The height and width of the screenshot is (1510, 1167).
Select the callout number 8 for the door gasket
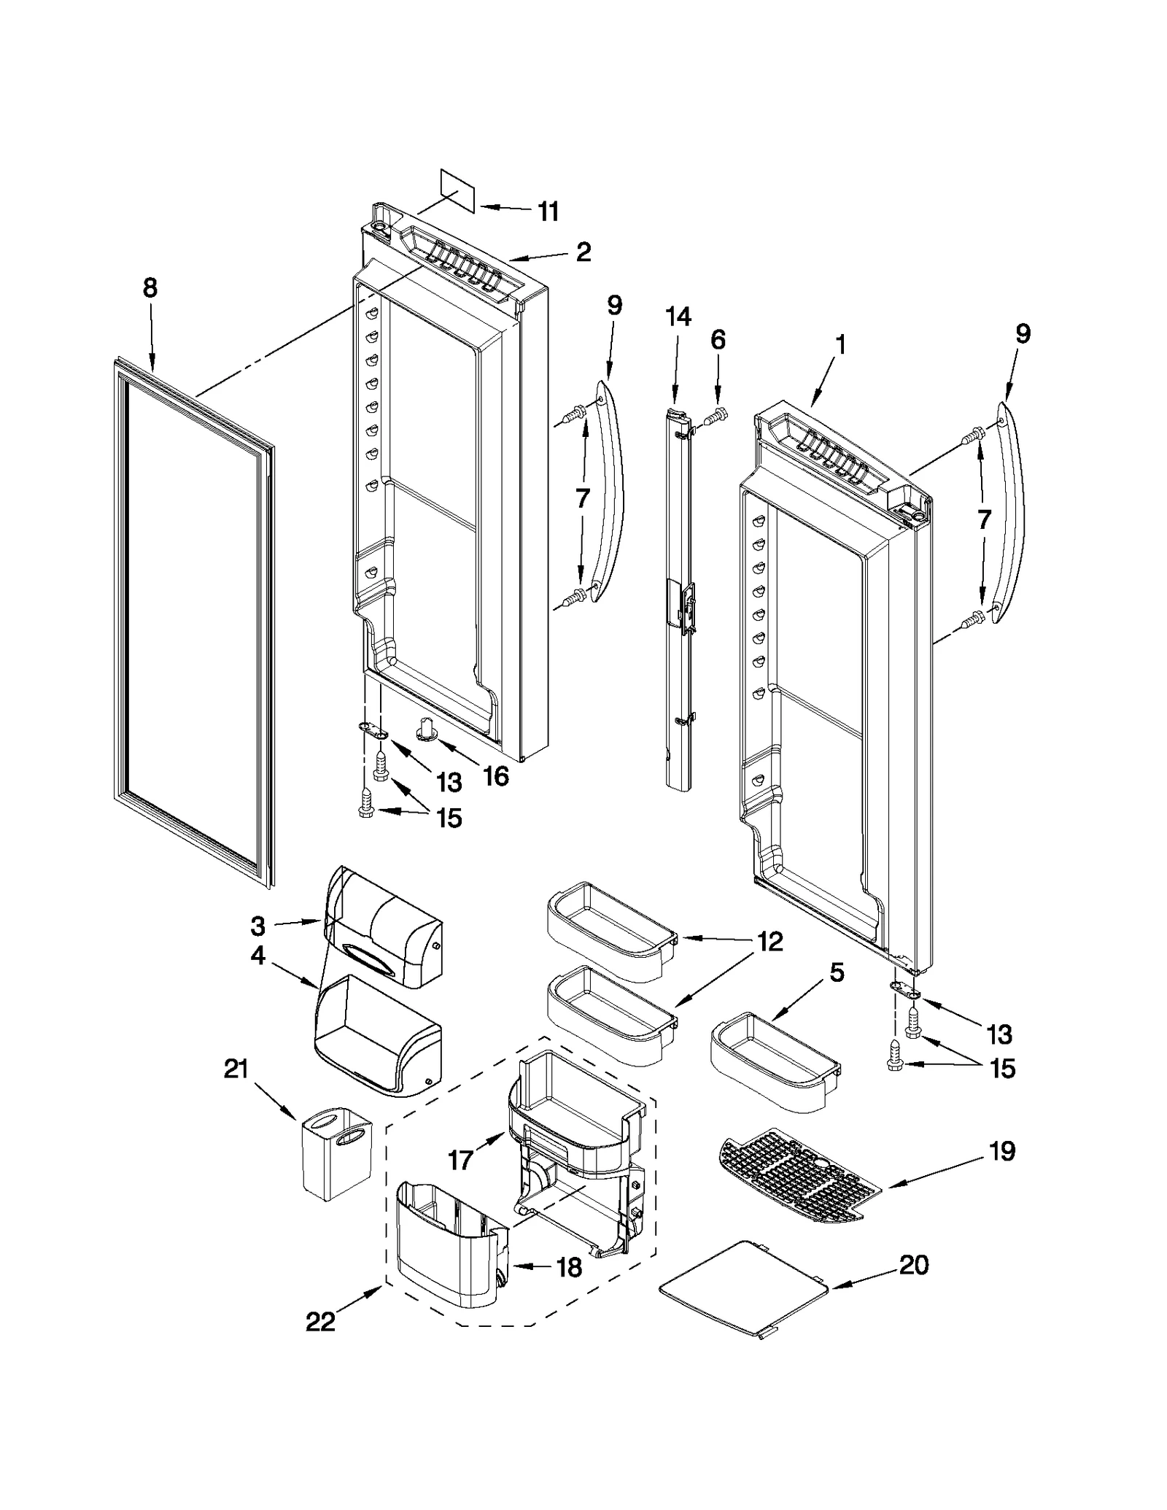click(x=150, y=288)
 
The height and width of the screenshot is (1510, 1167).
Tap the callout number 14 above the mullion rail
click(x=678, y=317)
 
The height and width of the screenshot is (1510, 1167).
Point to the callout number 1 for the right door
click(x=841, y=344)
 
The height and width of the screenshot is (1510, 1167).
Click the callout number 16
click(x=495, y=776)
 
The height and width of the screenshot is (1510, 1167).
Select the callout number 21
click(x=236, y=1071)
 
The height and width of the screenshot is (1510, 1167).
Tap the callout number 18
click(x=569, y=1268)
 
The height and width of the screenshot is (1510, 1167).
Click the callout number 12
click(x=769, y=942)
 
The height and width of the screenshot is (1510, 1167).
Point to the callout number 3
click(x=257, y=926)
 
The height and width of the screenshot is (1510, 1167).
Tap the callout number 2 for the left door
click(x=583, y=252)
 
